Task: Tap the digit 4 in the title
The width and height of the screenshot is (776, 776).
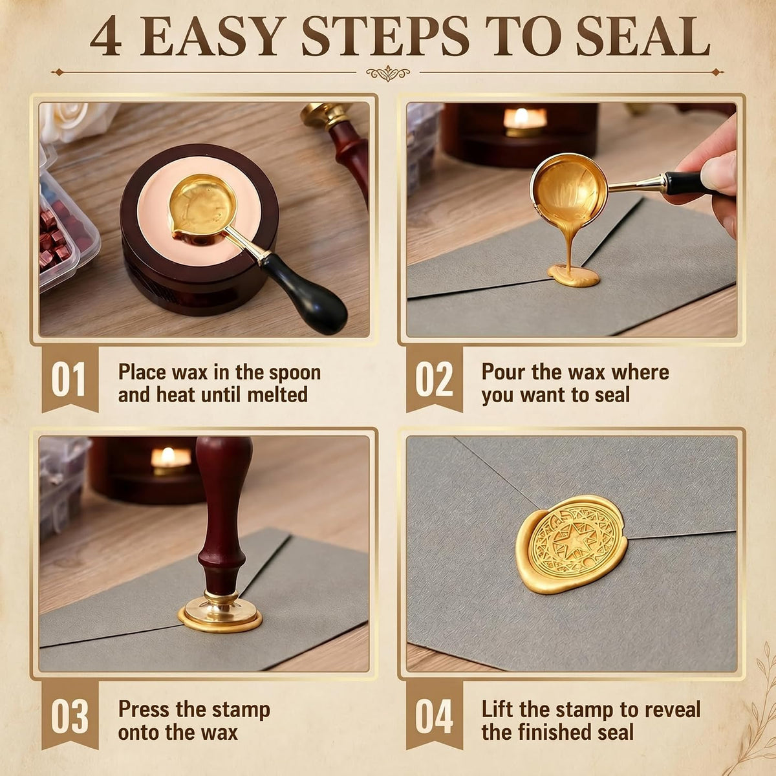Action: pos(105,37)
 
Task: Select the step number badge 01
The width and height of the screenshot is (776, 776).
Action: pos(70,380)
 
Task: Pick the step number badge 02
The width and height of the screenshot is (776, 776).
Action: pos(434,380)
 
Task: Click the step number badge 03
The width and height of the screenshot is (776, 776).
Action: pos(70,717)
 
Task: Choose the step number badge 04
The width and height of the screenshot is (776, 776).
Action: pos(434,717)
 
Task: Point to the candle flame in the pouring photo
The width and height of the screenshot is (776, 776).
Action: pos(521,116)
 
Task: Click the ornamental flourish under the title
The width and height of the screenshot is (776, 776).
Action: pos(388,73)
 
